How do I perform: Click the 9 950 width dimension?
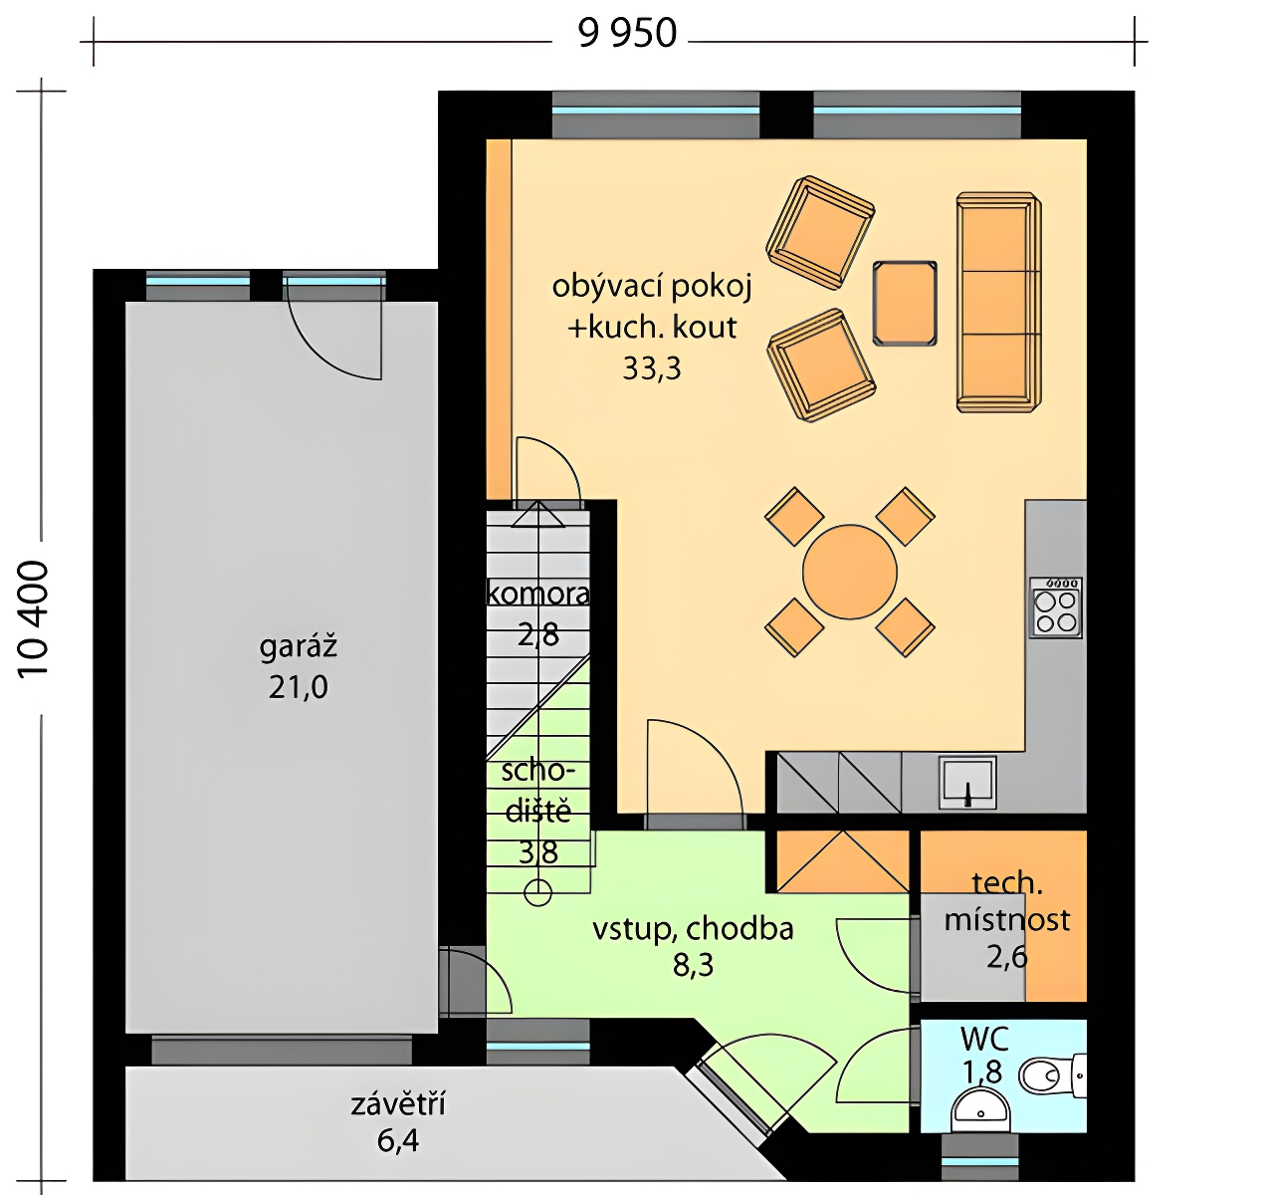(627, 33)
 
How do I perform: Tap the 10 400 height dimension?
(33, 619)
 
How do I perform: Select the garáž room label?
(298, 647)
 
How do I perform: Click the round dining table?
(850, 572)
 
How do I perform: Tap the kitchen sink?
(967, 782)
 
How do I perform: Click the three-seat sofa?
(999, 301)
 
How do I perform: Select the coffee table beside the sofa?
(905, 304)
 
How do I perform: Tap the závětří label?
(398, 1104)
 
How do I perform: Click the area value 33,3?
(652, 368)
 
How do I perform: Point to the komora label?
(537, 594)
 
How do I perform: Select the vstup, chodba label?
(693, 929)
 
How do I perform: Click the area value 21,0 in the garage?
(298, 687)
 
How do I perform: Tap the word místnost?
(1007, 920)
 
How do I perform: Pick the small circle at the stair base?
(537, 892)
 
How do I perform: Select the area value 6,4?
(398, 1140)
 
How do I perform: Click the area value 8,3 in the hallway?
(693, 965)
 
